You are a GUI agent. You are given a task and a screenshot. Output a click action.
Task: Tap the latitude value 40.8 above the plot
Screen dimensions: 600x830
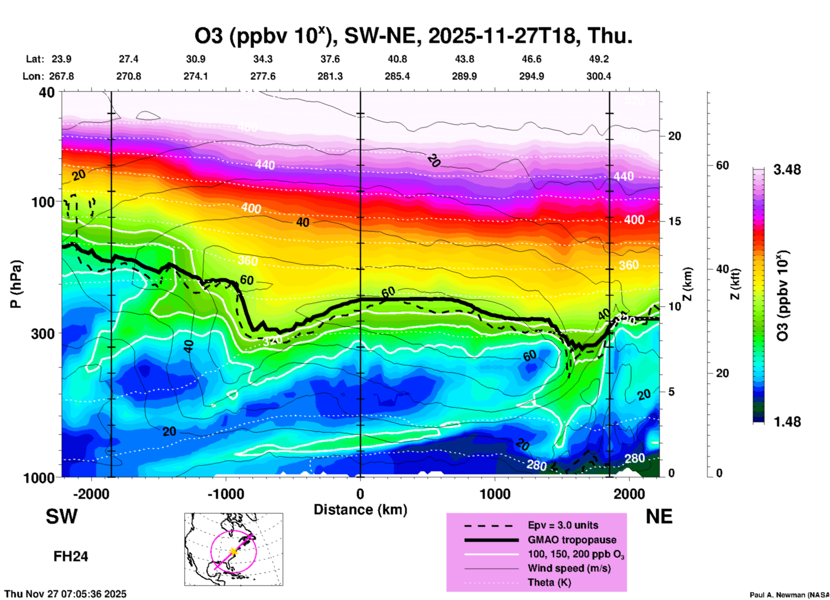(397, 59)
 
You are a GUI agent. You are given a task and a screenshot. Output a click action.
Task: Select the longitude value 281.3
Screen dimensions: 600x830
(330, 76)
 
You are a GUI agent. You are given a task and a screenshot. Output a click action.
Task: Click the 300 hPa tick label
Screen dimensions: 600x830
(43, 334)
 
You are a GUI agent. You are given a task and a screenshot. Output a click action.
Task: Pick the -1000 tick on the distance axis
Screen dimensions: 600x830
(225, 494)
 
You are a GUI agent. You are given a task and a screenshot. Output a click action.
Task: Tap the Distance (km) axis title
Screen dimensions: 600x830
(360, 510)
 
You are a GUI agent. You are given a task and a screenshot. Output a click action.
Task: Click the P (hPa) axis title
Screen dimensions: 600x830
(16, 284)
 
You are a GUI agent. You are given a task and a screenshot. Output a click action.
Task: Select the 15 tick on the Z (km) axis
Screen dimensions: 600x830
(674, 221)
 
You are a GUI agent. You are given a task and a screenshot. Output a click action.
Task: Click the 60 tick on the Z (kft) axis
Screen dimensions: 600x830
(722, 165)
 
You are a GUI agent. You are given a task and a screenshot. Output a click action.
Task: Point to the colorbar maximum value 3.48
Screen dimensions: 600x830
(787, 170)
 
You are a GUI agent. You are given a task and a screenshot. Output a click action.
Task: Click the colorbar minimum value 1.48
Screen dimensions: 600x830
(787, 422)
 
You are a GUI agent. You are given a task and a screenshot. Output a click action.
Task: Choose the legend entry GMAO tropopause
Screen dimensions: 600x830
(571, 540)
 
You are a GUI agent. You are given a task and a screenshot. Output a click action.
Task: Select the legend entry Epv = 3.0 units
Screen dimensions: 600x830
(563, 525)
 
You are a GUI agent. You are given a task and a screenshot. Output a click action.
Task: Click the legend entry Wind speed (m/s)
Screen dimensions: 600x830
(569, 568)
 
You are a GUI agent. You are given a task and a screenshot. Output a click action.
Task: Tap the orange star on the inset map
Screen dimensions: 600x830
(233, 551)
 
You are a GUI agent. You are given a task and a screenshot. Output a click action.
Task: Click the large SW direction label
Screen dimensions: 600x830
(62, 516)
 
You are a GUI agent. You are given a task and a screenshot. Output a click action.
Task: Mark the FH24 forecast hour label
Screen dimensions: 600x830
(71, 557)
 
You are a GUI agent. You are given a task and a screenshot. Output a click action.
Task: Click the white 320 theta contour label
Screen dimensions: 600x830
(272, 340)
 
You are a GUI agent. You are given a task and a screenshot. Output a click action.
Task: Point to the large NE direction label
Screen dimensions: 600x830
(659, 516)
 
